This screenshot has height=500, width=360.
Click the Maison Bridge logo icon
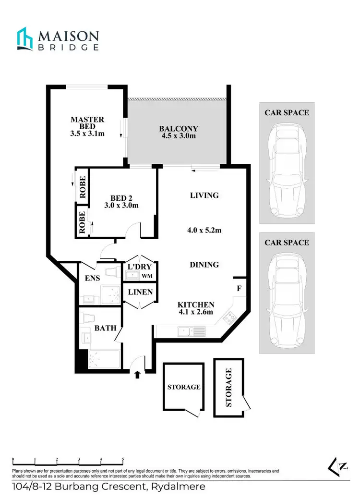point(25,39)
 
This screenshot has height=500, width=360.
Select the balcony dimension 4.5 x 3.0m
point(179,136)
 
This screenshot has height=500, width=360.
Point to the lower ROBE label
point(83,221)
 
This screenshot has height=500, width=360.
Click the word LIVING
point(204,195)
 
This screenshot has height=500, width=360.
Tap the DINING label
point(204,265)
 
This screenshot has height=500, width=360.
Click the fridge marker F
point(239,289)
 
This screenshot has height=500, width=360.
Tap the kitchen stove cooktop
point(229,317)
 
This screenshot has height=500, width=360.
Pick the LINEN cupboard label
point(140,292)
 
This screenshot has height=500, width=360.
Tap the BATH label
point(105,328)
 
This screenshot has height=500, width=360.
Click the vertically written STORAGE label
point(229,388)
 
